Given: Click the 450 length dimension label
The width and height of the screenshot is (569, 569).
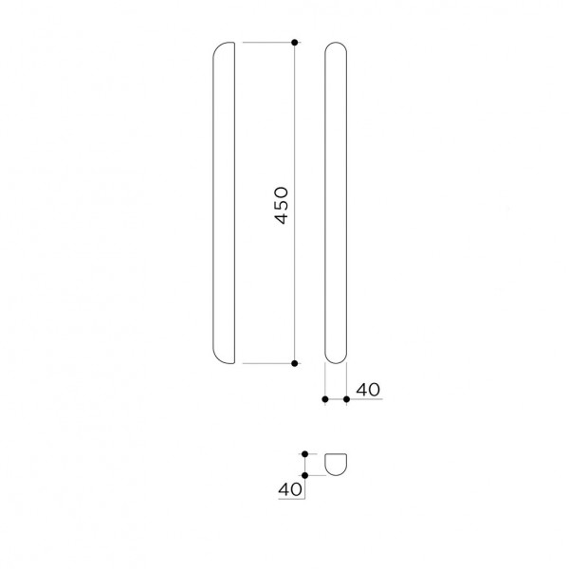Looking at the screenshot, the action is click(282, 206).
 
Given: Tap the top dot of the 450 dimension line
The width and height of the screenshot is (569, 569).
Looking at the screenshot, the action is click(295, 43).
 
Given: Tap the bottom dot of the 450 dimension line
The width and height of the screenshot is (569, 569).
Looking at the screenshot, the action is click(295, 363).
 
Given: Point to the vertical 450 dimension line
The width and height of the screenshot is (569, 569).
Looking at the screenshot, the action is click(295, 203).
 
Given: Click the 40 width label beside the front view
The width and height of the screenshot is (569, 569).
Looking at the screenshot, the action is click(368, 390).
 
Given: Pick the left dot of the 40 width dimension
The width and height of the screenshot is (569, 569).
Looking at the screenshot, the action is click(325, 399).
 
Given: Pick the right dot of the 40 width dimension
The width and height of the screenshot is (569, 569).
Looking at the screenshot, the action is click(346, 399).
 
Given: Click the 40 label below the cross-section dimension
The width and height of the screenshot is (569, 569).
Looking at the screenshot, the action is click(290, 489).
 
